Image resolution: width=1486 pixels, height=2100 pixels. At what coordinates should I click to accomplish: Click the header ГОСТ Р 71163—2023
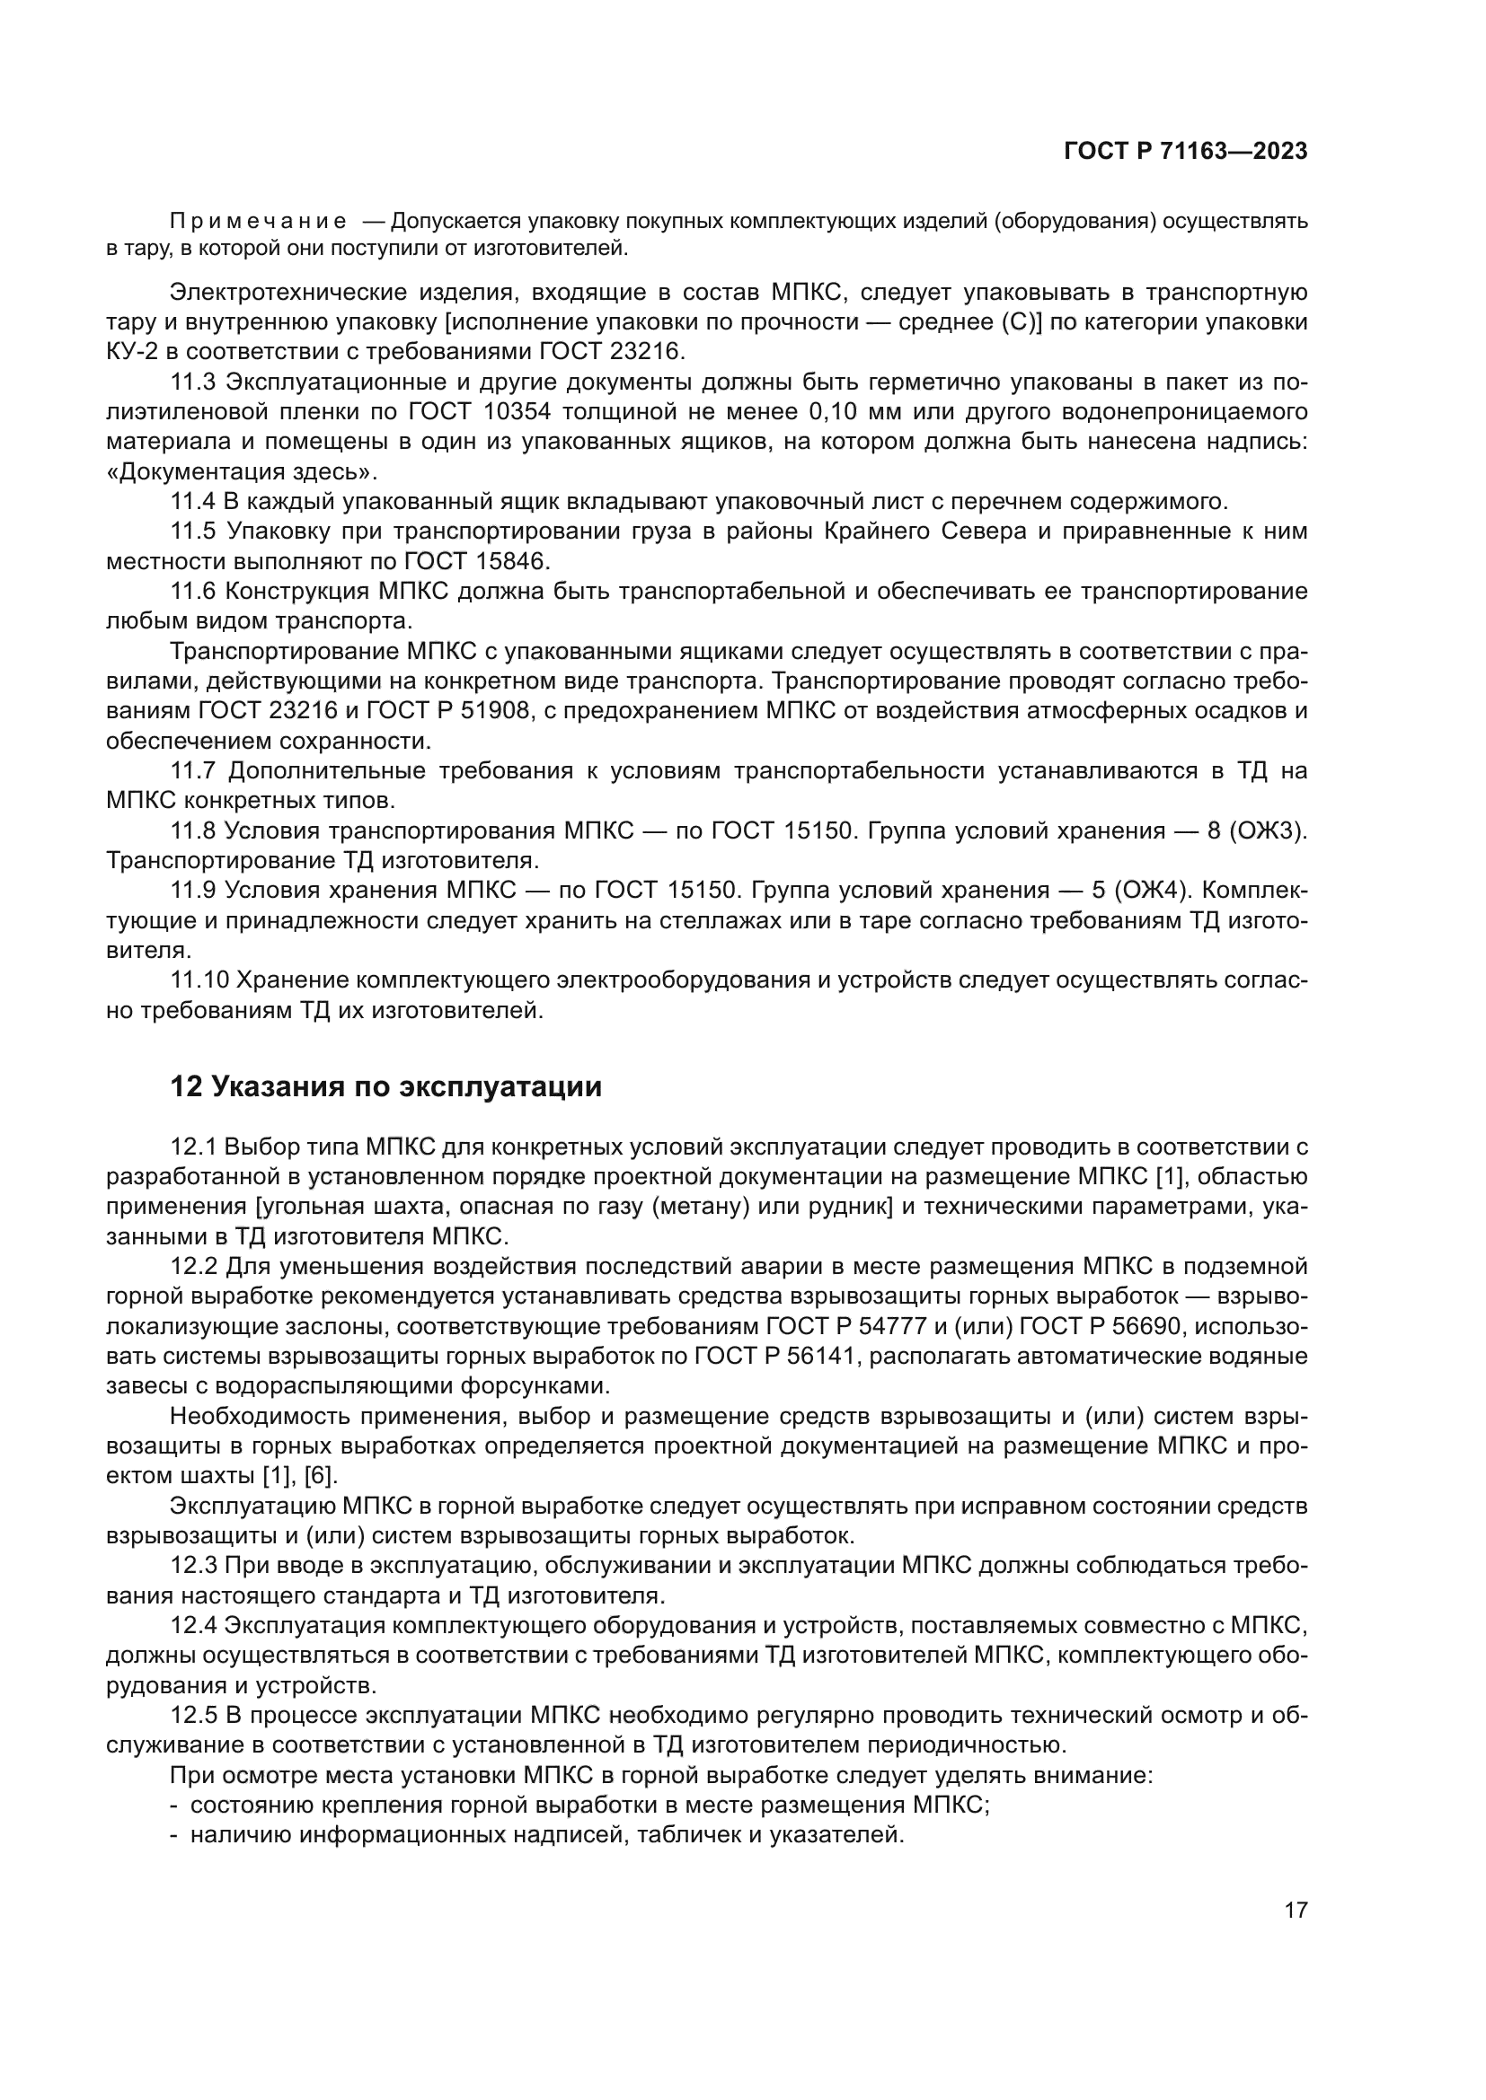click(x=1185, y=152)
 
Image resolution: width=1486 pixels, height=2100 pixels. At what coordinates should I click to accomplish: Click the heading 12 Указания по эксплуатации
click(x=385, y=1086)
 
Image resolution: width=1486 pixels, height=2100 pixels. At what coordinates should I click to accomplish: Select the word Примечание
click(x=258, y=222)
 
